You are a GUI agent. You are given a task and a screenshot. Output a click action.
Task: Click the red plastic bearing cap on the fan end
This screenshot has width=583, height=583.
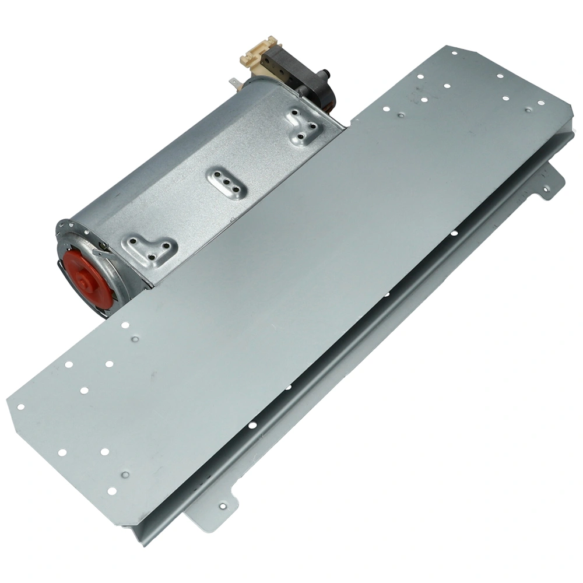[88, 280]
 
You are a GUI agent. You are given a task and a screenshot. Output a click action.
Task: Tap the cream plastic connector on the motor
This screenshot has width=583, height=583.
[257, 56]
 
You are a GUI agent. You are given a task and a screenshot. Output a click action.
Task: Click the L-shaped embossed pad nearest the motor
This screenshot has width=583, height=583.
[303, 125]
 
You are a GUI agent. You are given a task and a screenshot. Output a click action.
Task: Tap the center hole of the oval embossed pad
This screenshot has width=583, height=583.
[225, 182]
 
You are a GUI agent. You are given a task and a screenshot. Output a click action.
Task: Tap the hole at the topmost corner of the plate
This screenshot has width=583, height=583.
[454, 54]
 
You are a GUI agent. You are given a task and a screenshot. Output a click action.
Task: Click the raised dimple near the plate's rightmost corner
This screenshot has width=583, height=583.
[528, 110]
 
